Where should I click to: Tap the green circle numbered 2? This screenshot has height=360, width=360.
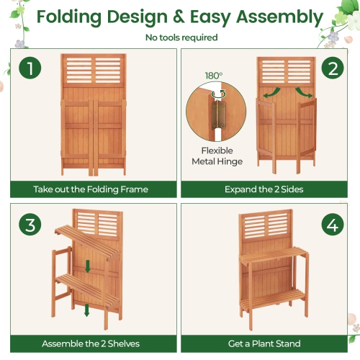330,70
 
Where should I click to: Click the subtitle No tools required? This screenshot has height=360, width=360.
180,37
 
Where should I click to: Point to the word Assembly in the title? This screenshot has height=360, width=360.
282,17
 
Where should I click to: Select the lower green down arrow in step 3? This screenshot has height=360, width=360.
86,310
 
